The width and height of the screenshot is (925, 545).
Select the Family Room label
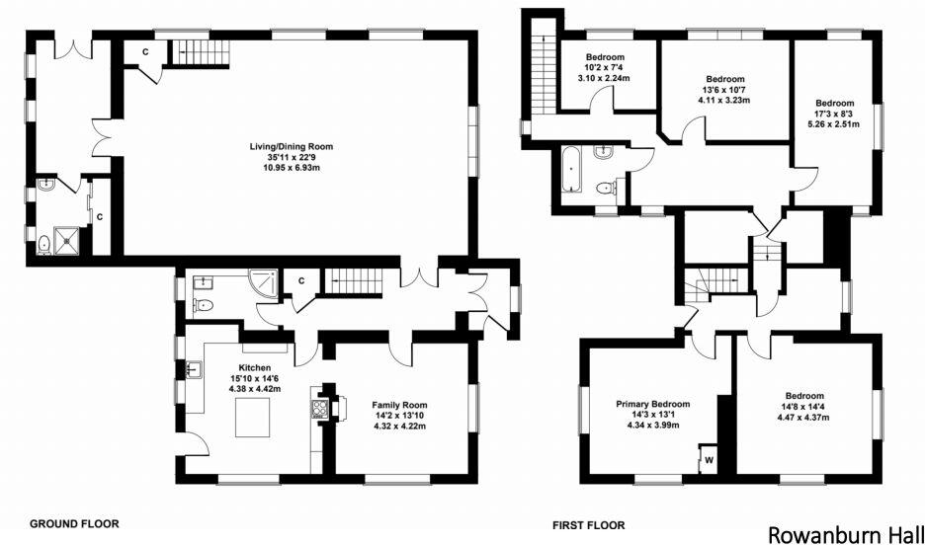(x=398, y=405)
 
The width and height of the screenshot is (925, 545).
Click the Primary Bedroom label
(x=652, y=404)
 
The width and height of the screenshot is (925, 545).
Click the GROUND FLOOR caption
(x=76, y=523)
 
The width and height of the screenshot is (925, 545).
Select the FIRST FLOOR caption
(x=590, y=524)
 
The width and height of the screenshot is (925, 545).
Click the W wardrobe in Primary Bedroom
(x=709, y=457)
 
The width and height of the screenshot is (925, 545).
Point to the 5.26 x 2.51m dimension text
(x=835, y=124)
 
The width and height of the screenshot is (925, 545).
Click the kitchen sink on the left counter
(x=194, y=370)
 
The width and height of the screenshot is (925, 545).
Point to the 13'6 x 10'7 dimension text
(x=724, y=90)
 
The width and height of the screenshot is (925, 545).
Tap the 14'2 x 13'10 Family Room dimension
(x=398, y=416)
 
